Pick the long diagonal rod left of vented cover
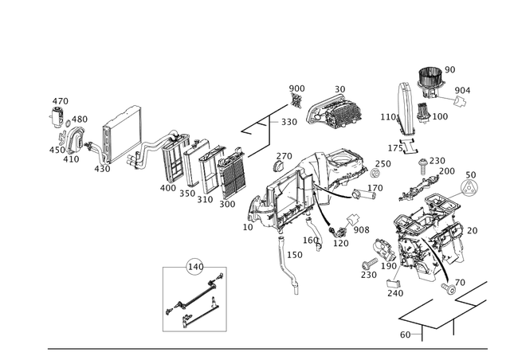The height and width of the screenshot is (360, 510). click(x=267, y=115)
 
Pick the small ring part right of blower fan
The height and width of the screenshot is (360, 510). click(x=459, y=100)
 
